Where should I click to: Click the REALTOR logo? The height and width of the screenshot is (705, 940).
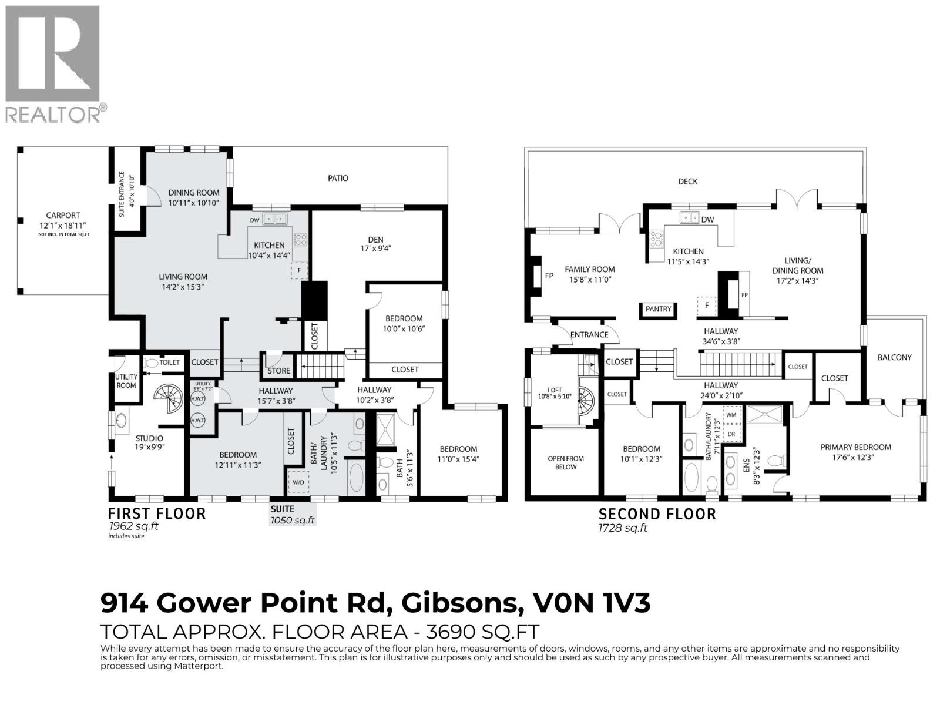point(52,63)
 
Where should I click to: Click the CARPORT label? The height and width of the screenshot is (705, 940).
point(63,216)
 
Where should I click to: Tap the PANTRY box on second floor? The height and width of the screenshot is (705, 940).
point(658,309)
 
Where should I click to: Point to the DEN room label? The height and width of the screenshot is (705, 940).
point(375,239)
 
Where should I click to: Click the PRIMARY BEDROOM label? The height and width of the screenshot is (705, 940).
point(855,447)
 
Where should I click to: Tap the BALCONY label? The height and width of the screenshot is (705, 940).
point(894,357)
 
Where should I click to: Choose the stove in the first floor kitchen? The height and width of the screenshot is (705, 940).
point(300,239)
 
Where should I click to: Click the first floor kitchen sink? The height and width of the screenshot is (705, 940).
point(275,219)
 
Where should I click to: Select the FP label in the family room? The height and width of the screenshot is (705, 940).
point(549,275)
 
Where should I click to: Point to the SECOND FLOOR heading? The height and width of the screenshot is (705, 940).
point(657,514)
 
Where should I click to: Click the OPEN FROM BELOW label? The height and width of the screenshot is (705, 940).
point(566,462)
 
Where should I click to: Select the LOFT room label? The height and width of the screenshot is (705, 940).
point(555,390)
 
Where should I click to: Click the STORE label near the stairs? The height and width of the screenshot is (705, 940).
point(278,371)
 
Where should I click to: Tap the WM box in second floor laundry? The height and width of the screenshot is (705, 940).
point(731,415)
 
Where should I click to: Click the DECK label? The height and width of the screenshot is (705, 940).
point(687,182)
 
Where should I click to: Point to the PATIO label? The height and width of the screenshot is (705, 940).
point(338,178)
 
